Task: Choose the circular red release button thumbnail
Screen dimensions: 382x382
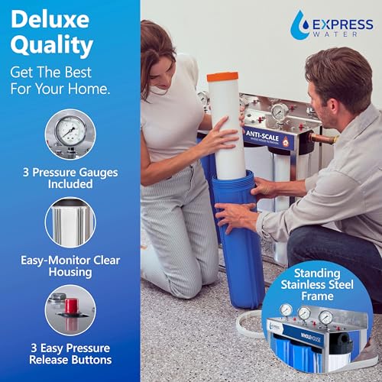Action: pos(70,309)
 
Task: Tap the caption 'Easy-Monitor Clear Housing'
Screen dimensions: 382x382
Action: pos(70,267)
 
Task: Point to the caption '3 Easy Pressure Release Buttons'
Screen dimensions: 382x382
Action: pos(70,353)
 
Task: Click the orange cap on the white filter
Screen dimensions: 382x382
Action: pos(222,77)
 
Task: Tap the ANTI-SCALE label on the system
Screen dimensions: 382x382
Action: pos(264,134)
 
